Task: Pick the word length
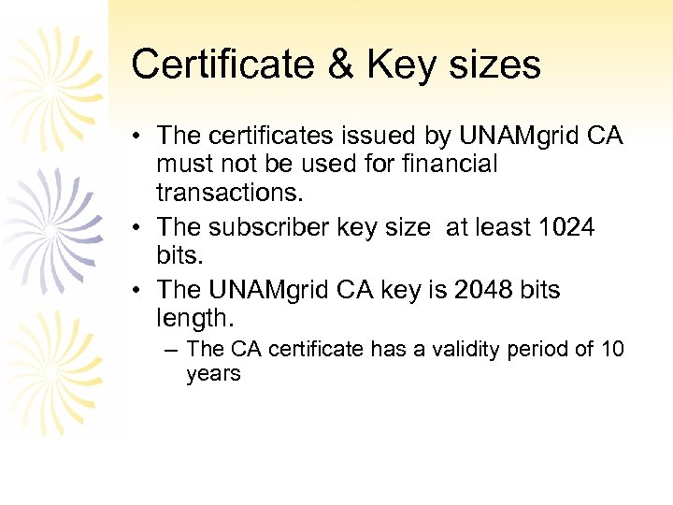[193, 319]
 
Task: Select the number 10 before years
[611, 350]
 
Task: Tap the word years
[213, 374]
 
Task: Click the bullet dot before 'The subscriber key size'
[137, 228]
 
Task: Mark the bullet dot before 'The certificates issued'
[137, 137]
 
